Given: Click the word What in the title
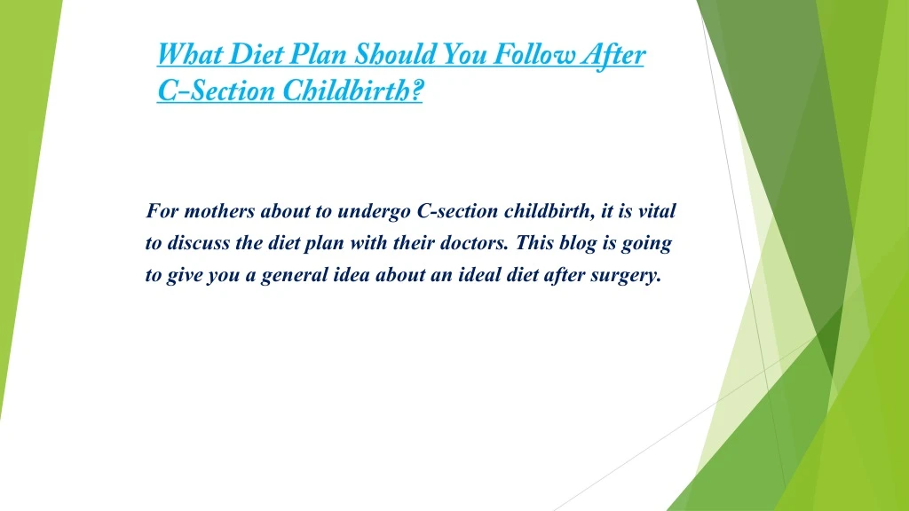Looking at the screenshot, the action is [190, 54].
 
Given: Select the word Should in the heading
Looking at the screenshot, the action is [395, 54].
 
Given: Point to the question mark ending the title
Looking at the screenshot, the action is [416, 90].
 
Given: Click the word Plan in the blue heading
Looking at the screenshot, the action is [319, 54].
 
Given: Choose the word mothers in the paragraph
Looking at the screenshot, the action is [219, 211].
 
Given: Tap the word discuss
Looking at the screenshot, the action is [198, 243].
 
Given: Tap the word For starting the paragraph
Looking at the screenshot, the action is [162, 211].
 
